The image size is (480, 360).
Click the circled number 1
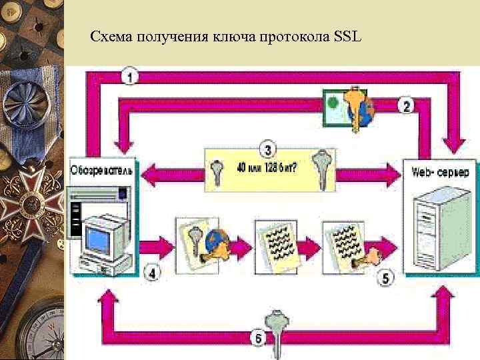point(131,77)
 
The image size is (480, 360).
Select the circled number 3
point(267,149)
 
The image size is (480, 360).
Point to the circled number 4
point(153,273)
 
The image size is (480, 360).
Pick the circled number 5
point(386,278)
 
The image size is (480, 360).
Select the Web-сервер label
point(444,172)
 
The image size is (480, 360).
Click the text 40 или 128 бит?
point(267,167)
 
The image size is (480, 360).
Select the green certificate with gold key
point(349,107)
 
